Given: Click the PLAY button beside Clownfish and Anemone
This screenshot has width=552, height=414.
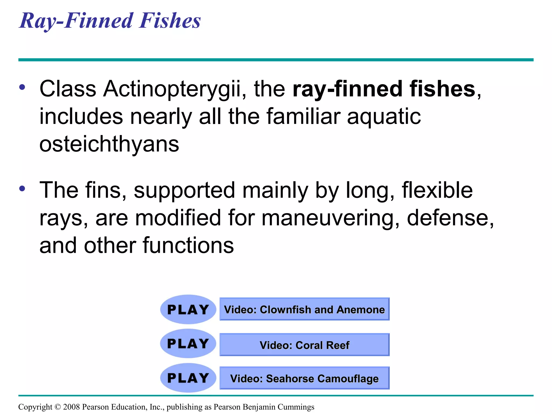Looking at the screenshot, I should point(188,309).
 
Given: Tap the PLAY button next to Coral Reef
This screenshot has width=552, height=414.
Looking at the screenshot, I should point(188,344).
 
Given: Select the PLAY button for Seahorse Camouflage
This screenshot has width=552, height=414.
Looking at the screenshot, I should point(188,378).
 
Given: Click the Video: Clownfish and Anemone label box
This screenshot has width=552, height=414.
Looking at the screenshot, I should point(304,309).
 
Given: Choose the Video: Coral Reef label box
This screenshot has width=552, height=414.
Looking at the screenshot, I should point(304,345).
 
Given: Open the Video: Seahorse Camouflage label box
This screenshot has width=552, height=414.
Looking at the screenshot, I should point(304,378).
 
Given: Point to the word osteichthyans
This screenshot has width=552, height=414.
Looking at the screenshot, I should point(109,144).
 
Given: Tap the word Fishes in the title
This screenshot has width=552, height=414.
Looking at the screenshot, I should point(170,21).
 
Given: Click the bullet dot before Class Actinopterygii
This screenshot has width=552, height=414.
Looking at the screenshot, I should point(22,87).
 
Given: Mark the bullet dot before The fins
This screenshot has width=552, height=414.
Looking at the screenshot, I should point(22,188).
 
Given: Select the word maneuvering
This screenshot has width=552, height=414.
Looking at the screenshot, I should point(330,218).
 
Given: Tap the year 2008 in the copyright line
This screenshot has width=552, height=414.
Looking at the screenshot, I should point(71,407).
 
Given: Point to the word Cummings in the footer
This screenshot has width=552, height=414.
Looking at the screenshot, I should point(296,407).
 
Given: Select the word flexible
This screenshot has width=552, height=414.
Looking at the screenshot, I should point(437,190).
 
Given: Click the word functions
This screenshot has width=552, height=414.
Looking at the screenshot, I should point(188,246).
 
